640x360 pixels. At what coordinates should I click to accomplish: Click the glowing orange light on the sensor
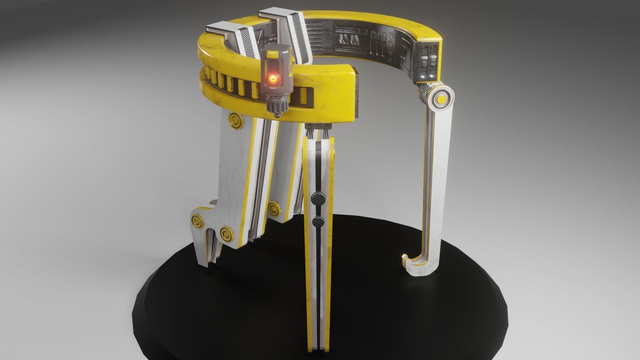point(273,79)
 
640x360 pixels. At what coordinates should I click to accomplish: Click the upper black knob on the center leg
point(316,199)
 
